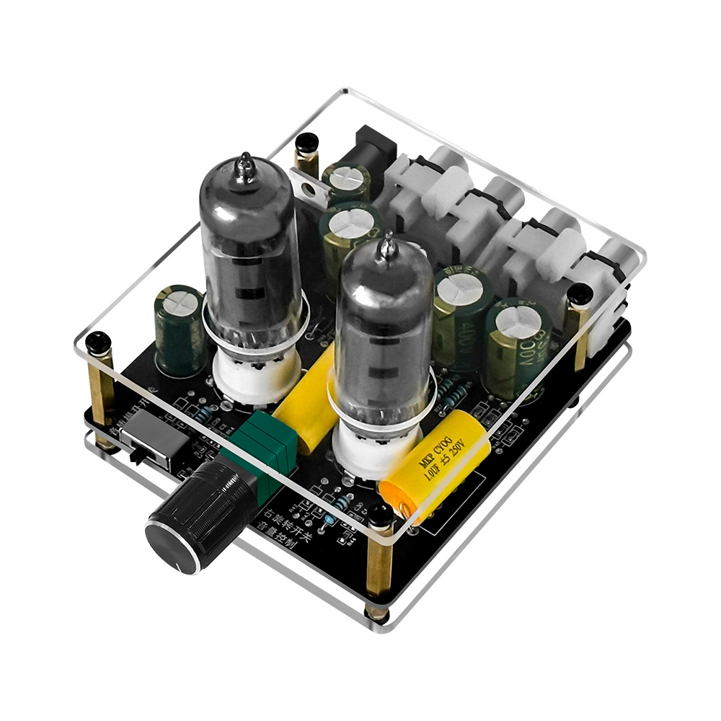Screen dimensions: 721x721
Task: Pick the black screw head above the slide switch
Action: tap(97, 341)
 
